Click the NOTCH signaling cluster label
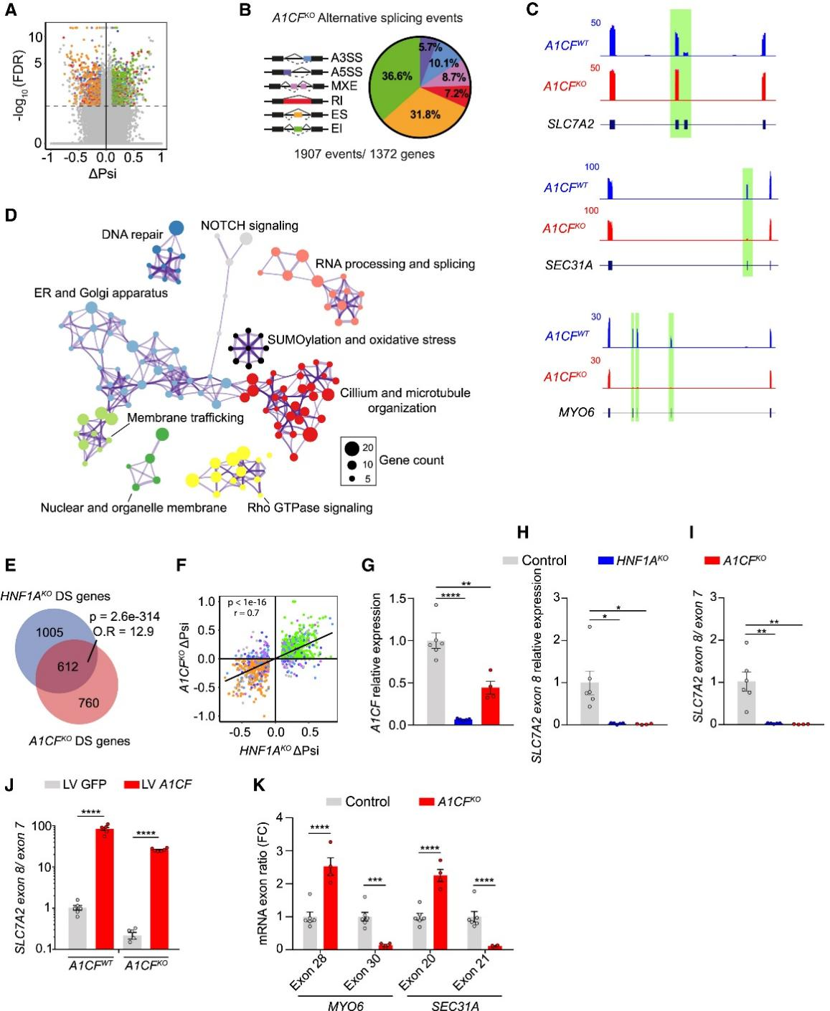point(249,226)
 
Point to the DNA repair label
point(132,234)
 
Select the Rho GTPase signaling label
point(310,508)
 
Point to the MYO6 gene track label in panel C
point(576,412)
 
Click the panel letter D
point(10,216)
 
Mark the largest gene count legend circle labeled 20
point(352,449)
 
